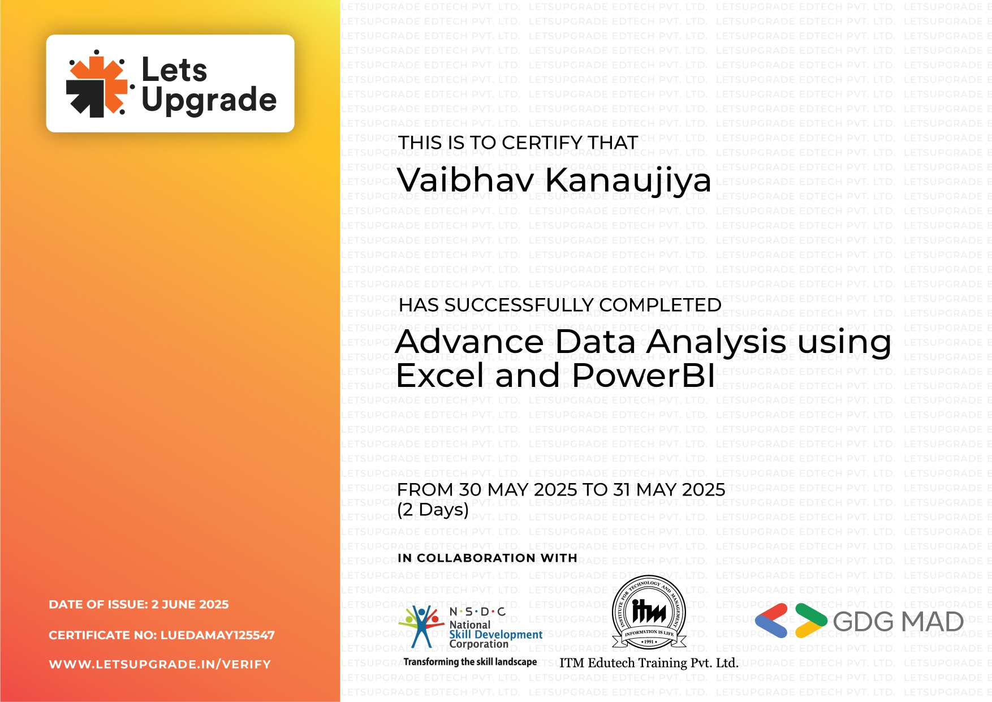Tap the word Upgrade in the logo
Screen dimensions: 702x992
[x=209, y=100]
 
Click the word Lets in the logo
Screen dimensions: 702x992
[x=174, y=70]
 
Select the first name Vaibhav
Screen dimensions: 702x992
[x=465, y=180]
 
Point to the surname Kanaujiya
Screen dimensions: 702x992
[x=627, y=181]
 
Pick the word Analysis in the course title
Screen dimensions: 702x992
[x=716, y=342]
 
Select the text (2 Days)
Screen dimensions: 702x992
[x=433, y=509]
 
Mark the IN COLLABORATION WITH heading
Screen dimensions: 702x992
[x=487, y=558]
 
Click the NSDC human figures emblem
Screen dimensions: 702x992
[x=421, y=625]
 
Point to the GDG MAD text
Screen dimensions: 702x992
[x=898, y=622]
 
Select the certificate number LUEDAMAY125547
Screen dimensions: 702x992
[x=218, y=635]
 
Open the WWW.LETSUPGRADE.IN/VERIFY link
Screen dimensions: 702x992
[x=160, y=664]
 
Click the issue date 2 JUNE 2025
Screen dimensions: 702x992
[x=190, y=604]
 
